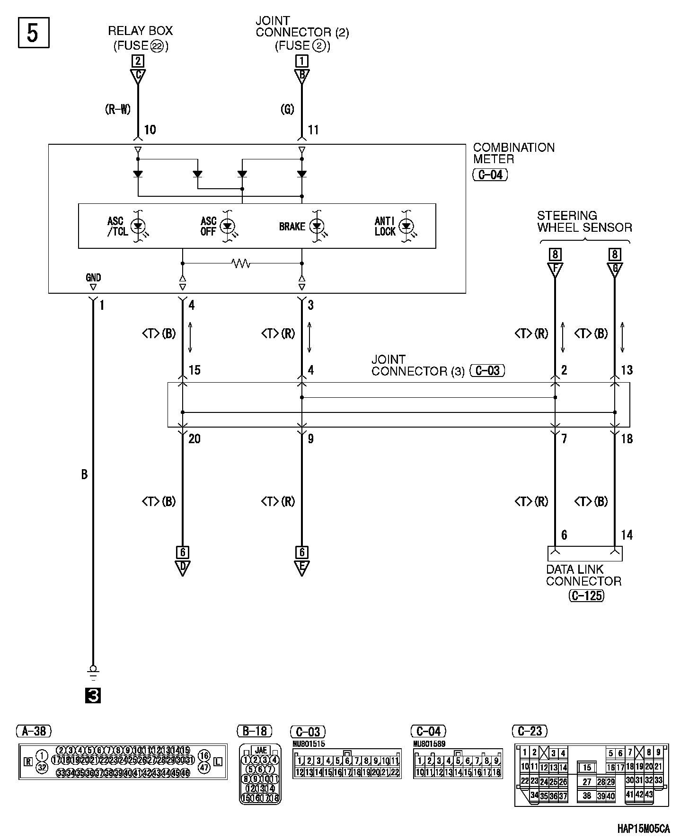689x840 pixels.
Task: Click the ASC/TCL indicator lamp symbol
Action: pyautogui.click(x=138, y=226)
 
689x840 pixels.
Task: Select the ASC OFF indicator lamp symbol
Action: pyautogui.click(x=228, y=226)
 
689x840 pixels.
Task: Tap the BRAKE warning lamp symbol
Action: pyautogui.click(x=317, y=226)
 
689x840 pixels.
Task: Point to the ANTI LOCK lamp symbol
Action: pyautogui.click(x=406, y=226)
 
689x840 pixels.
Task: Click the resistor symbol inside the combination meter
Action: pyautogui.click(x=241, y=263)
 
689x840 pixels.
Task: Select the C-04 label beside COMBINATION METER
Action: pyautogui.click(x=490, y=175)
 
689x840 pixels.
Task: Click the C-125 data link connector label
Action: pyautogui.click(x=586, y=595)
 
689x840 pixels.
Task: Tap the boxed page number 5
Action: pyautogui.click(x=33, y=33)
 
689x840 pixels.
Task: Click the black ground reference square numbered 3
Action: pyautogui.click(x=93, y=696)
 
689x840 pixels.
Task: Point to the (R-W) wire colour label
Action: pyautogui.click(x=117, y=109)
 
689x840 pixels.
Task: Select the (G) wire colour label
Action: pyautogui.click(x=287, y=109)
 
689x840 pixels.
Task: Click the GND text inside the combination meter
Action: pyautogui.click(x=93, y=278)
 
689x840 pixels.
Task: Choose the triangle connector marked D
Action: pyautogui.click(x=182, y=568)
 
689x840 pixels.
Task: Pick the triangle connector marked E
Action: pyautogui.click(x=301, y=568)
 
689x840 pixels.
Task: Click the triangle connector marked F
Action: pyautogui.click(x=555, y=270)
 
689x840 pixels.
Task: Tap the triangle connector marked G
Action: pyautogui.click(x=615, y=270)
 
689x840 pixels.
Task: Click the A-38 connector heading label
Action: pyautogui.click(x=34, y=731)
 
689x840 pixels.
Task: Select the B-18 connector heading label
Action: pyautogui.click(x=255, y=731)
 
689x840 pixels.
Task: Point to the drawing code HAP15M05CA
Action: pyautogui.click(x=644, y=829)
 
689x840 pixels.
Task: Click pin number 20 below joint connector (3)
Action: pyautogui.click(x=194, y=439)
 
